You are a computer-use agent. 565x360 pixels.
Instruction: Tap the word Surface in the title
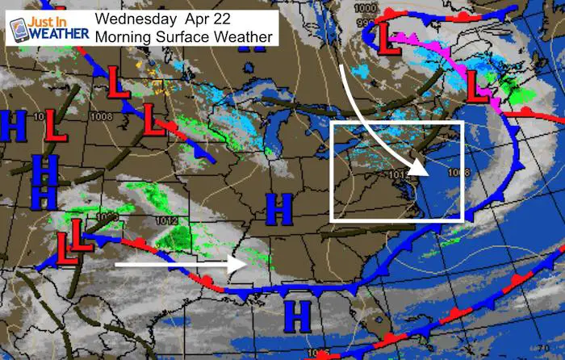[x=182, y=36]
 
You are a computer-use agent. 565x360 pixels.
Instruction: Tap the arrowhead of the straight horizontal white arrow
[x=244, y=264]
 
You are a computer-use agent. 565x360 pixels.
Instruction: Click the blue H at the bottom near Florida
[x=300, y=316]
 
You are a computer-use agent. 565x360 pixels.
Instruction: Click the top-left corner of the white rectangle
[x=333, y=122]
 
